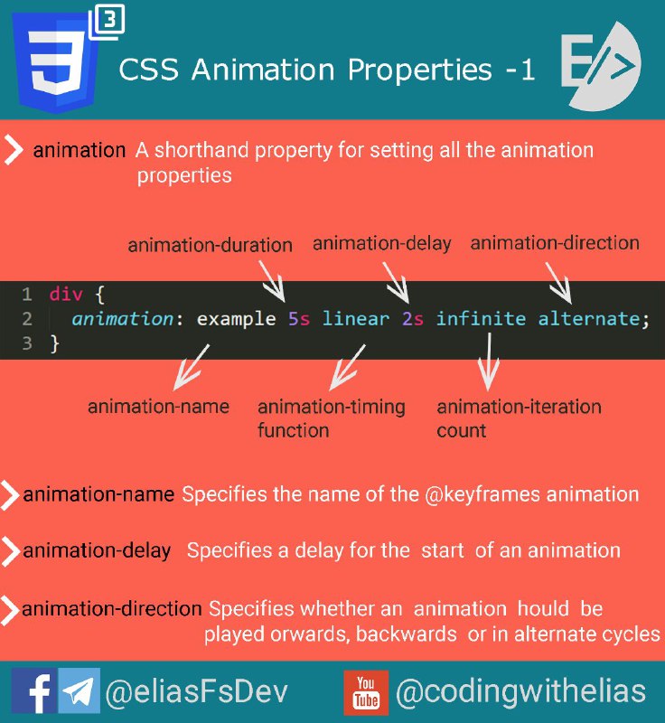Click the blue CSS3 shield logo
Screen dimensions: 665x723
pyautogui.click(x=55, y=62)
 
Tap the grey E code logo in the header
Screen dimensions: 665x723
pyautogui.click(x=601, y=66)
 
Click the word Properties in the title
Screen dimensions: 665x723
pyautogui.click(x=420, y=70)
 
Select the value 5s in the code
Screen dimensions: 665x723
pyautogui.click(x=299, y=319)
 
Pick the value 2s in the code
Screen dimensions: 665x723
pyautogui.click(x=412, y=319)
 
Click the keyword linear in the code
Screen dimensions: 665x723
pyautogui.click(x=356, y=319)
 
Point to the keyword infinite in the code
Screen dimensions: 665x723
pyautogui.click(x=481, y=319)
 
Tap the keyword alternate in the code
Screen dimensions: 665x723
pyautogui.click(x=588, y=319)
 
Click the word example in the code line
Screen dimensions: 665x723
pyautogui.click(x=237, y=319)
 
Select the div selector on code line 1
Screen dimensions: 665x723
pyautogui.click(x=66, y=295)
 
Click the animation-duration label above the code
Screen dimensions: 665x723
pyautogui.click(x=211, y=245)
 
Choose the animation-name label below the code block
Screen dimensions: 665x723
pyautogui.click(x=158, y=407)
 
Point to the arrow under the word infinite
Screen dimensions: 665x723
pyautogui.click(x=489, y=362)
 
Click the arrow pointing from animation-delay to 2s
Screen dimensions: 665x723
pyautogui.click(x=396, y=283)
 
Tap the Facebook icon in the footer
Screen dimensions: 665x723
pyautogui.click(x=34, y=690)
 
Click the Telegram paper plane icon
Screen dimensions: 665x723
pyautogui.click(x=79, y=690)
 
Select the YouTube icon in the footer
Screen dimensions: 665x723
pyautogui.click(x=366, y=692)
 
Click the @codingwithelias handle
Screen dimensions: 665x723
pyautogui.click(x=520, y=691)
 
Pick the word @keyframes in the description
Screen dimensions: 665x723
pyautogui.click(x=482, y=494)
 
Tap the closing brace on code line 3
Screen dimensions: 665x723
pyautogui.click(x=55, y=344)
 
